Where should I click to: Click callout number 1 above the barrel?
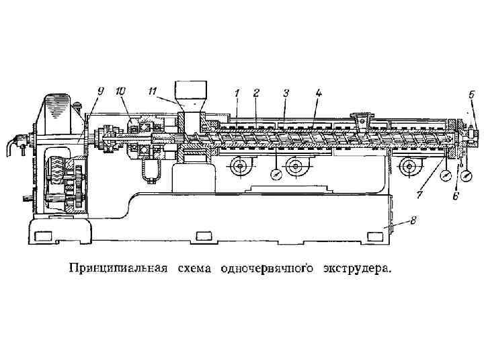coord(237,93)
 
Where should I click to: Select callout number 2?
coord(256,93)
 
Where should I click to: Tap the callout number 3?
coord(286,93)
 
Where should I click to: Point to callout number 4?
coord(319,93)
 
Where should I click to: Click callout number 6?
coord(455,196)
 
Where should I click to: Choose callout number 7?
coord(419,196)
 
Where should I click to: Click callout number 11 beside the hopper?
coord(154,89)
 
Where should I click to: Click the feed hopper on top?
coord(191,97)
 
